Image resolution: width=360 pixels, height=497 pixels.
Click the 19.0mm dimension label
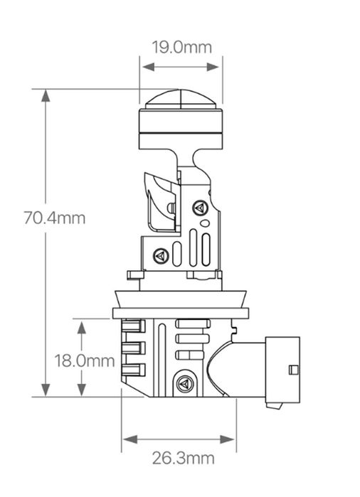[181, 48]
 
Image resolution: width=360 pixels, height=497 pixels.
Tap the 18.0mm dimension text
[85, 360]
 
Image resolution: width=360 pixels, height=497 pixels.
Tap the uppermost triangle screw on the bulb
[199, 208]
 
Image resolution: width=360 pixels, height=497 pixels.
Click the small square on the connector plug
[292, 369]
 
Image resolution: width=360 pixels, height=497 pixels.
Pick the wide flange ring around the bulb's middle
[182, 312]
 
